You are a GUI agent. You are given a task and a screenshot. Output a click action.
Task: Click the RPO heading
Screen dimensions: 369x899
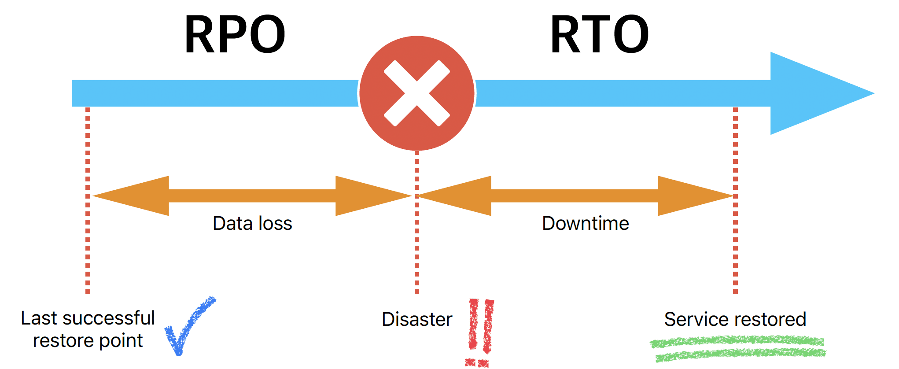235,34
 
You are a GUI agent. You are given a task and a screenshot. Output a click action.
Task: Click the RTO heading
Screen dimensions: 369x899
599,34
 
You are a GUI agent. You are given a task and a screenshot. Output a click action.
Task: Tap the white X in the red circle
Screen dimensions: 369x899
416,93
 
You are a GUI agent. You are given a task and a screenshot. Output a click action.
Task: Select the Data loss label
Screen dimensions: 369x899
252,223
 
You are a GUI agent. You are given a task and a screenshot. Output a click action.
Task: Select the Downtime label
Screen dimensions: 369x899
585,223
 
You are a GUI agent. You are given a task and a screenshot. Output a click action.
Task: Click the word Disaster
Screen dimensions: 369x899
416,319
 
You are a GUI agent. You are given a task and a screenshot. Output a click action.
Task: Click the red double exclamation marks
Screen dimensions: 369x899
481,330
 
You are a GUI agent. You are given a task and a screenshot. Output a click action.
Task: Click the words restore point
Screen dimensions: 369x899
88,340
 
